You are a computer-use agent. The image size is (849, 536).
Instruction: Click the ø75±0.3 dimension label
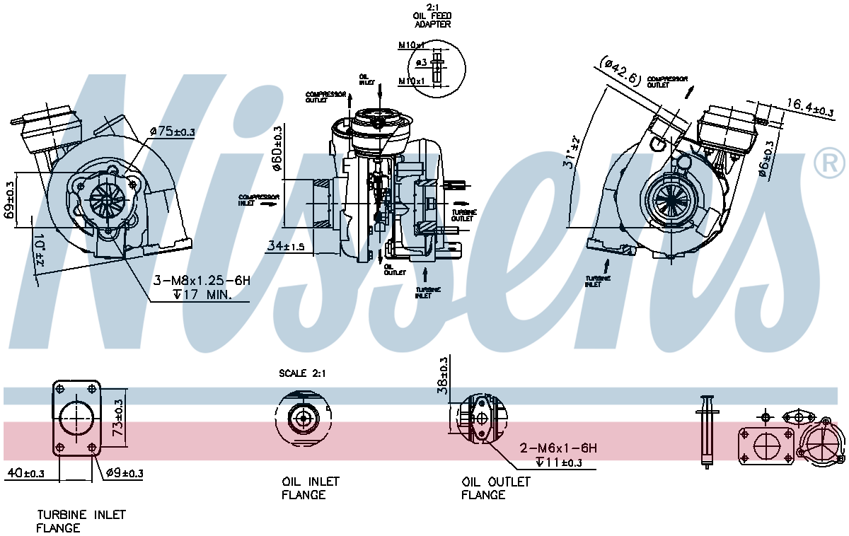(172, 131)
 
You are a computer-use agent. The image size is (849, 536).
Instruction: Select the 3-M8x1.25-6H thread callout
(202, 281)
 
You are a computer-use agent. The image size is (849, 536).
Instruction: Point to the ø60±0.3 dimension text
(278, 151)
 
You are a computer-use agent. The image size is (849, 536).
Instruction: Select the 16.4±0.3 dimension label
(809, 107)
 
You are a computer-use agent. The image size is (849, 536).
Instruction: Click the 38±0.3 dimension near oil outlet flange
(444, 375)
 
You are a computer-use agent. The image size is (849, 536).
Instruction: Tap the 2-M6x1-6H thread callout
(558, 448)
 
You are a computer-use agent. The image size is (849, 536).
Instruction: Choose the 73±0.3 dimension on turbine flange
(119, 418)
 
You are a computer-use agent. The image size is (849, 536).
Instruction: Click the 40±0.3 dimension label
(25, 473)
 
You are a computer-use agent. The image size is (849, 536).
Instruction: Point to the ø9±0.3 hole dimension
(124, 473)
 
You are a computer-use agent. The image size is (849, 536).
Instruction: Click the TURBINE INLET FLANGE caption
(81, 522)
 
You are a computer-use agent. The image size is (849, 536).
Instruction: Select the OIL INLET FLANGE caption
(310, 488)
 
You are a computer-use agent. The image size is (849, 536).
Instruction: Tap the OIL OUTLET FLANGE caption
(495, 488)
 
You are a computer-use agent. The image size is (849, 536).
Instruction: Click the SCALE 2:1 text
(302, 373)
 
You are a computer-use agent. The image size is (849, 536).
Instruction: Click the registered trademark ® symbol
(829, 163)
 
